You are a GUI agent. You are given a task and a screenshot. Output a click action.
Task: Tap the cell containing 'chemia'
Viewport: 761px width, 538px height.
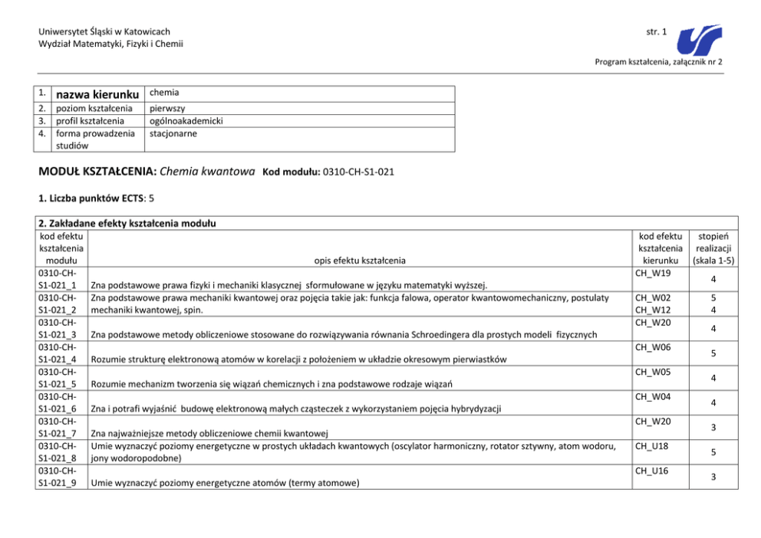click(x=164, y=92)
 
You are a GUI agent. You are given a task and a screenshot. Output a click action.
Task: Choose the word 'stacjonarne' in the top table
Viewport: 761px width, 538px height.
click(x=174, y=133)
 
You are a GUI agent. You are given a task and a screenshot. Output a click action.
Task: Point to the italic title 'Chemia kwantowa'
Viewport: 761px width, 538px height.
click(x=208, y=171)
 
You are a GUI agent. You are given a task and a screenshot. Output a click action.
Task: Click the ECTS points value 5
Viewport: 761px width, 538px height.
click(x=151, y=198)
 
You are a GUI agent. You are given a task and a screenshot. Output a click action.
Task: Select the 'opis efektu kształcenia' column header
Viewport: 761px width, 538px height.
click(x=358, y=261)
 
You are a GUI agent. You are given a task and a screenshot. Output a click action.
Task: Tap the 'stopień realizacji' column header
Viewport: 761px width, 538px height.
click(x=713, y=248)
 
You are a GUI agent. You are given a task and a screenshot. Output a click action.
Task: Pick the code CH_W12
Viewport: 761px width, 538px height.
click(x=654, y=310)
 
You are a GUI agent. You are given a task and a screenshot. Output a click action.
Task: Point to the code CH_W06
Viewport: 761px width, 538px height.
click(x=654, y=348)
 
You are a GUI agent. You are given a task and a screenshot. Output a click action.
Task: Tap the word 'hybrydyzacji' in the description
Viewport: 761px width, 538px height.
click(x=475, y=409)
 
